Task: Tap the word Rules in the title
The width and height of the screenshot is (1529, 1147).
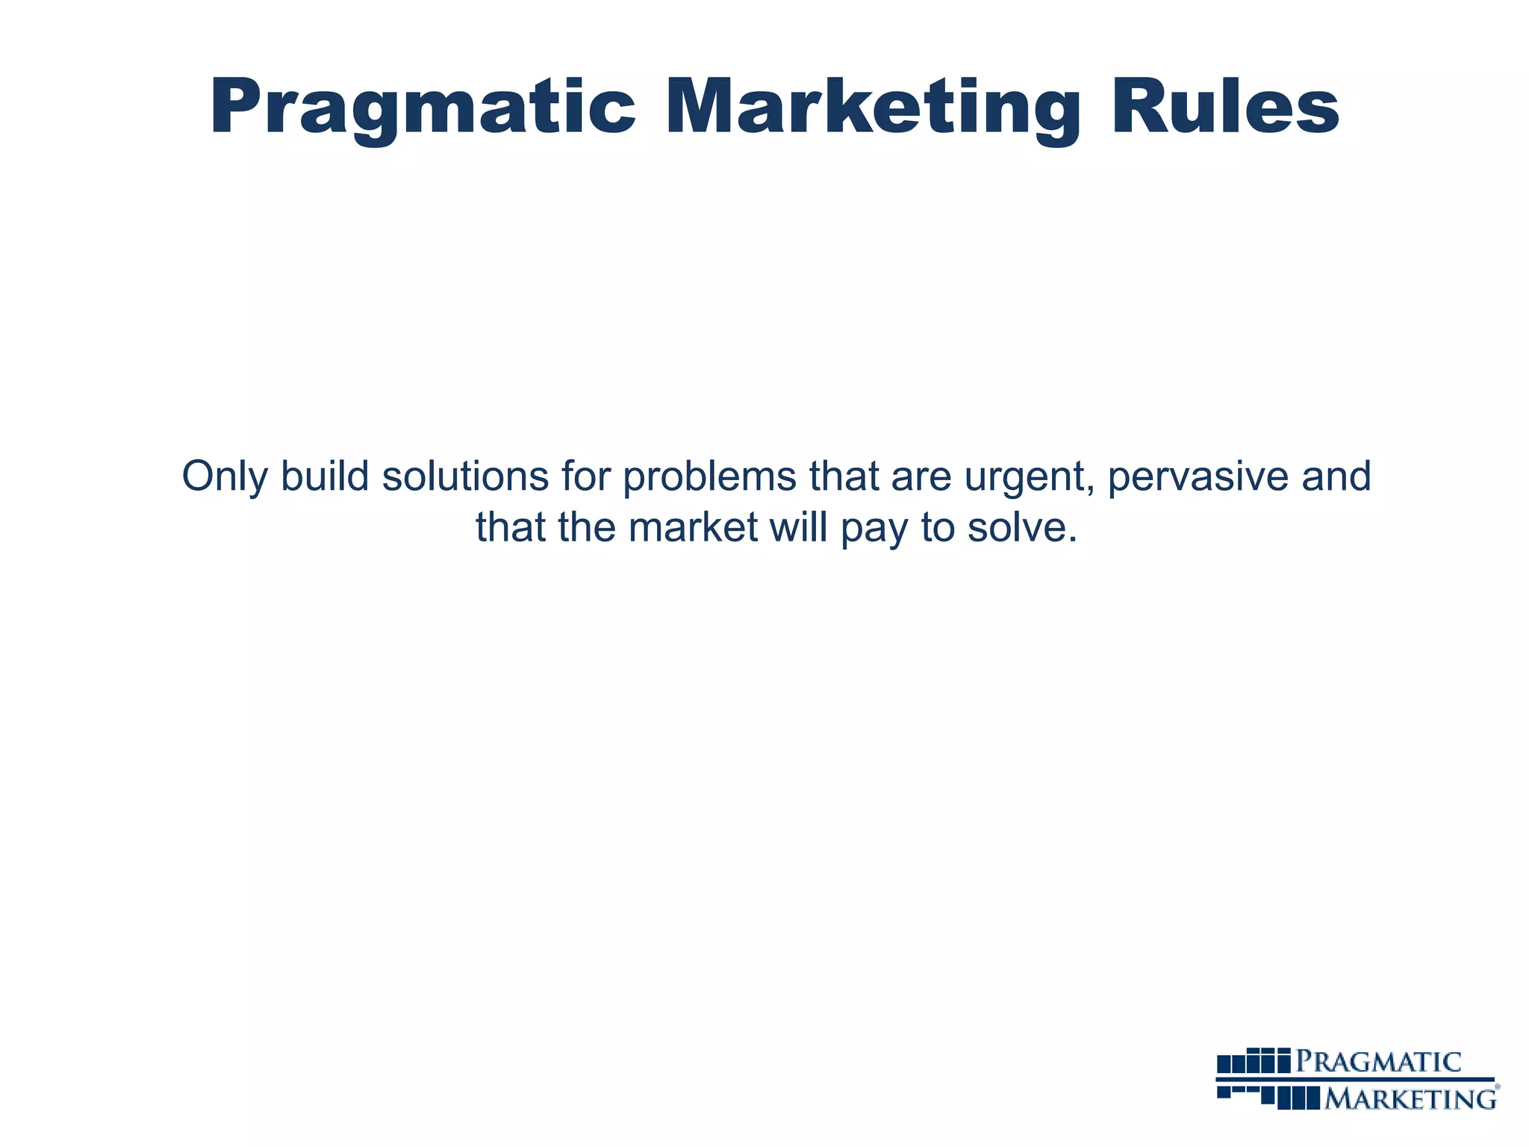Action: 1224,108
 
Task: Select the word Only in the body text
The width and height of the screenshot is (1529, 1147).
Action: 224,477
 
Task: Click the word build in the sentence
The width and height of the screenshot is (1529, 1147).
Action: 325,476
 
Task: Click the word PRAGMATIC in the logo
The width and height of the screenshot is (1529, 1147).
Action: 1378,1061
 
